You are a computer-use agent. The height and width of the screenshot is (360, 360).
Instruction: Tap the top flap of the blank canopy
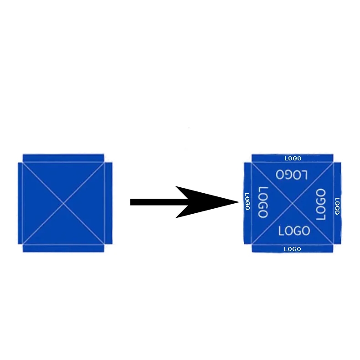coord(63,158)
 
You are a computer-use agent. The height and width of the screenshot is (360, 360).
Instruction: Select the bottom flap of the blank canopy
coord(63,248)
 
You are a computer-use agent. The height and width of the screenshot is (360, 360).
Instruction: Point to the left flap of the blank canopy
coord(20,203)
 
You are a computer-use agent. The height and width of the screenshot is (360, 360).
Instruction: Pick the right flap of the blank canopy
coord(108,203)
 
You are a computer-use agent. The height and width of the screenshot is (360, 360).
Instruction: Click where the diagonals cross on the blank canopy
coord(63,203)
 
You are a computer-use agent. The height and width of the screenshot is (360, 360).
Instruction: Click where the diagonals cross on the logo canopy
coord(292,203)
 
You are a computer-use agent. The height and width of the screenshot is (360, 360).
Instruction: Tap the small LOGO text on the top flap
coord(293,159)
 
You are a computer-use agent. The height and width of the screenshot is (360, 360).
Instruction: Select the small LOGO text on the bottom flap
coord(292,249)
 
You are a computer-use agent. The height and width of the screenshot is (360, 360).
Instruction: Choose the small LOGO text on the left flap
coord(247,201)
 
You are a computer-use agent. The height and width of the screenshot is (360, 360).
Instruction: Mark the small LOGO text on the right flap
coord(337,206)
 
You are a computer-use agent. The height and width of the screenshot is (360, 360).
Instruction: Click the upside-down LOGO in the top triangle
coord(292,175)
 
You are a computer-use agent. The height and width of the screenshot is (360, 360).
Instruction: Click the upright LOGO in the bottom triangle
coord(294,231)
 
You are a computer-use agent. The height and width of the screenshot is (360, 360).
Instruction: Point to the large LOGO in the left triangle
coord(263,202)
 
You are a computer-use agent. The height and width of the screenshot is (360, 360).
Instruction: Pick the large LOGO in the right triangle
coord(321,205)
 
